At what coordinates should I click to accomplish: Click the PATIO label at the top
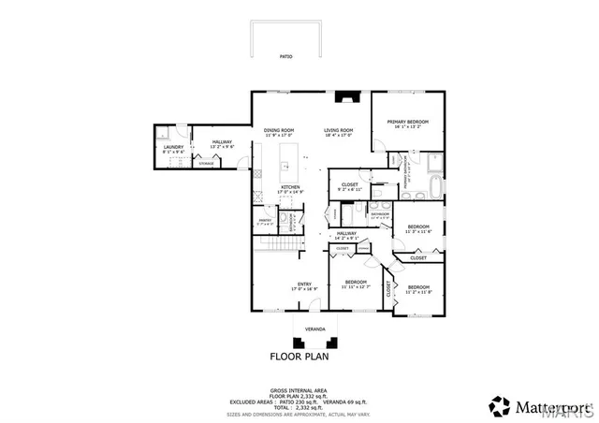coord(285,57)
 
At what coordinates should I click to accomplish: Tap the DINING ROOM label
coord(279,131)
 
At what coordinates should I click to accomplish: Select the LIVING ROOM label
coord(338,131)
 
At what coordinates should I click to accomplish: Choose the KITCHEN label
coord(291,187)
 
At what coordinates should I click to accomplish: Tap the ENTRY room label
coord(304,284)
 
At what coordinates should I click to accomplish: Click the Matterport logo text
coord(553,406)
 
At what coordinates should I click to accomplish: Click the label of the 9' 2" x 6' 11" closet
coord(350,185)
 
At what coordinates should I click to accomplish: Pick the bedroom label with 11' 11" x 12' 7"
coord(357,283)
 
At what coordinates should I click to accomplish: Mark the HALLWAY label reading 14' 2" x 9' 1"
coord(347,234)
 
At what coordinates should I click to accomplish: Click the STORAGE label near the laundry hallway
coord(206,164)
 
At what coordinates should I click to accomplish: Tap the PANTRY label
coord(265,220)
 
